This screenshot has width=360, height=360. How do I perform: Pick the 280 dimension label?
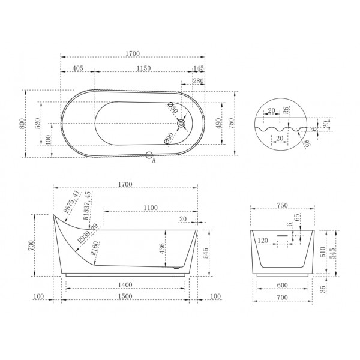[x=198, y=81]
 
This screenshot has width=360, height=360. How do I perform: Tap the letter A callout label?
[x=154, y=161]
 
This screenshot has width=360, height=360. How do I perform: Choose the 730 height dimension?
[x=40, y=245]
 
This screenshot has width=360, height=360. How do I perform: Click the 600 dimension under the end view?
[x=283, y=286]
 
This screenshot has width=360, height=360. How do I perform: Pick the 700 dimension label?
[x=283, y=298]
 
